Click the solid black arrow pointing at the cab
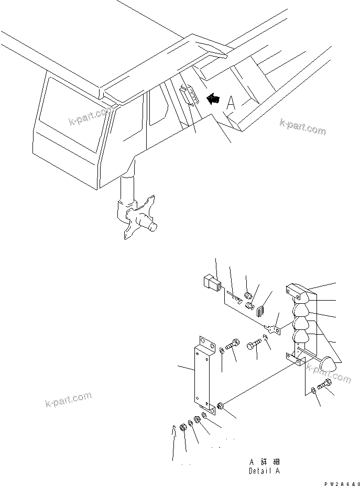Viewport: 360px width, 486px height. click(x=212, y=97)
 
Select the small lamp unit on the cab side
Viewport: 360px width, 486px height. click(x=188, y=97)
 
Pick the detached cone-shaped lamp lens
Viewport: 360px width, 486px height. click(x=329, y=363)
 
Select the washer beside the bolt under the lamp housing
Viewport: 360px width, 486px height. click(x=313, y=390)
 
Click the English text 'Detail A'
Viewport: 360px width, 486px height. click(x=264, y=471)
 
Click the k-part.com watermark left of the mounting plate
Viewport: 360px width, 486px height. click(x=66, y=401)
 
